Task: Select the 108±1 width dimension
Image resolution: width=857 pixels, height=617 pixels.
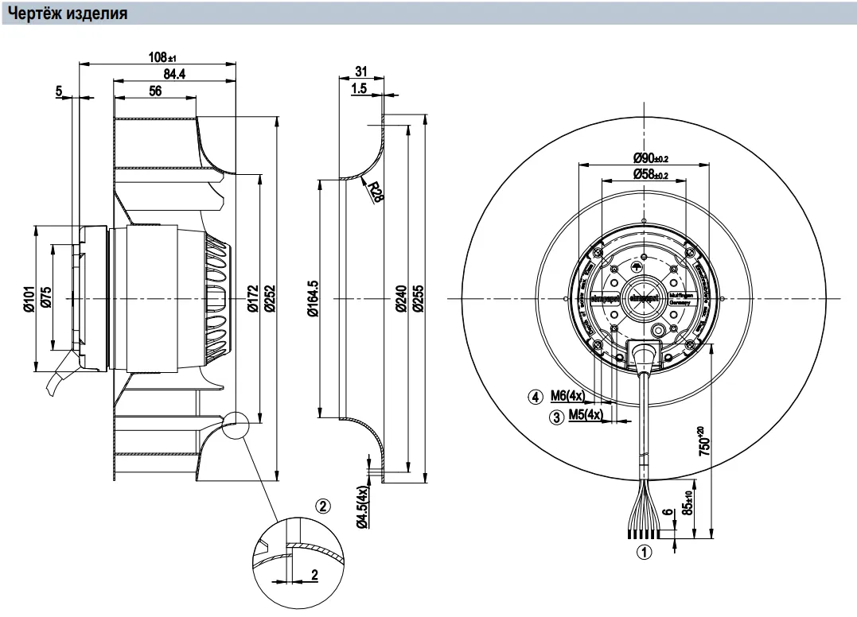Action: pyautogui.click(x=162, y=57)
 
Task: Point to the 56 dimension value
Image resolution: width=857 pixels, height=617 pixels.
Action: pyautogui.click(x=154, y=91)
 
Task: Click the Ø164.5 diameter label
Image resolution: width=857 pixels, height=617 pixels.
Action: pyautogui.click(x=314, y=298)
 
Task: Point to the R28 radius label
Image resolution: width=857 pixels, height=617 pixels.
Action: pyautogui.click(x=375, y=192)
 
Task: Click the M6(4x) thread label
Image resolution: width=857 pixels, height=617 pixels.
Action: pyautogui.click(x=567, y=396)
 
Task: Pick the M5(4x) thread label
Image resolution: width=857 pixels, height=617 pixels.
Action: pyautogui.click(x=586, y=415)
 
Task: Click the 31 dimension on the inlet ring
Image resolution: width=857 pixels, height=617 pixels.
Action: pyautogui.click(x=360, y=72)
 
